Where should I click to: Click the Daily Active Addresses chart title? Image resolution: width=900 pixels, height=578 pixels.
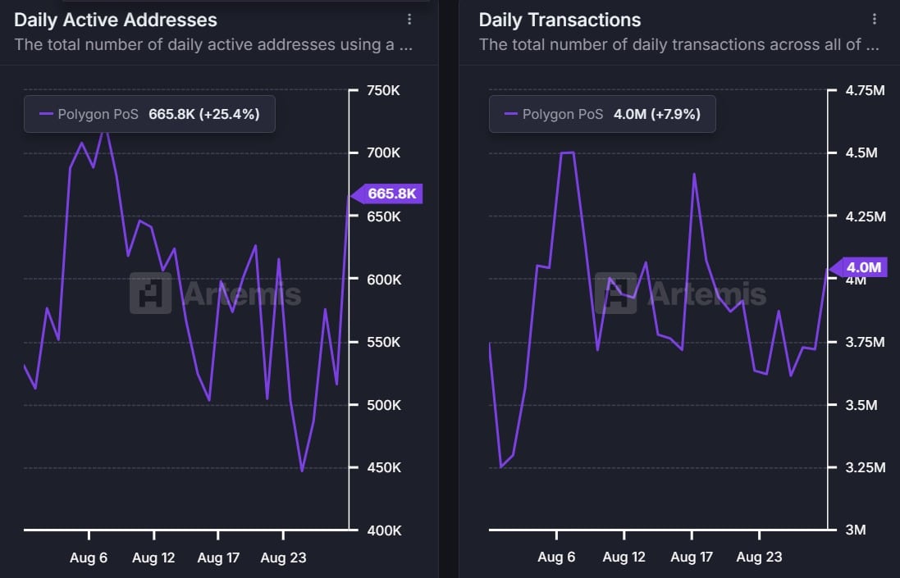coord(116,20)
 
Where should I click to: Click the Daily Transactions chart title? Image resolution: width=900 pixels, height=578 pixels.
coord(560,20)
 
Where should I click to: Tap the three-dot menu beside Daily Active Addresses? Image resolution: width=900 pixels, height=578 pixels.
coord(409,20)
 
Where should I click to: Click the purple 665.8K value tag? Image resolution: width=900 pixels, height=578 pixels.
coord(391,194)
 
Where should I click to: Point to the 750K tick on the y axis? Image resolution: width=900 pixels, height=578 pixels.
coord(383,91)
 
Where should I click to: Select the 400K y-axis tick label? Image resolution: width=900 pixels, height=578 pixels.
coord(383,530)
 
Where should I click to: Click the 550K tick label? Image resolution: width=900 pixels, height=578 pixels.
coord(383,342)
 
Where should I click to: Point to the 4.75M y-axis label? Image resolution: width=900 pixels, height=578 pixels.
coord(865,91)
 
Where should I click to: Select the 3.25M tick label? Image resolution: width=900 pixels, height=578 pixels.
coord(865,467)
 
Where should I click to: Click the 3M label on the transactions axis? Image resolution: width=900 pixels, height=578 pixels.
coord(856,530)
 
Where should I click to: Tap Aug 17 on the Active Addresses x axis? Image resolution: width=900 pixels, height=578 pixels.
coord(218,558)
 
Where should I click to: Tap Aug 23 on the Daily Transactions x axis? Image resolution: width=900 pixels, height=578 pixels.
coord(759,558)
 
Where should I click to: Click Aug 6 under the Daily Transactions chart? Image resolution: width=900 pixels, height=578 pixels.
coord(556,558)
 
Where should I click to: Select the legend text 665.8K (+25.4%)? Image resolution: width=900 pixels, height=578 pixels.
coord(203,114)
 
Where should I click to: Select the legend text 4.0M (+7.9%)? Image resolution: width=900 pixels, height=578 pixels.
coord(656,114)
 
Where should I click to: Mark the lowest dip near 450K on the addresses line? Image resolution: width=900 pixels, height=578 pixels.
coord(302,471)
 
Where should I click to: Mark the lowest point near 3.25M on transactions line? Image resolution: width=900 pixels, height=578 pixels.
coord(501,466)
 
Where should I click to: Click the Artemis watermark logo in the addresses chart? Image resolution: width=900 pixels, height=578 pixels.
coord(151,294)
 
